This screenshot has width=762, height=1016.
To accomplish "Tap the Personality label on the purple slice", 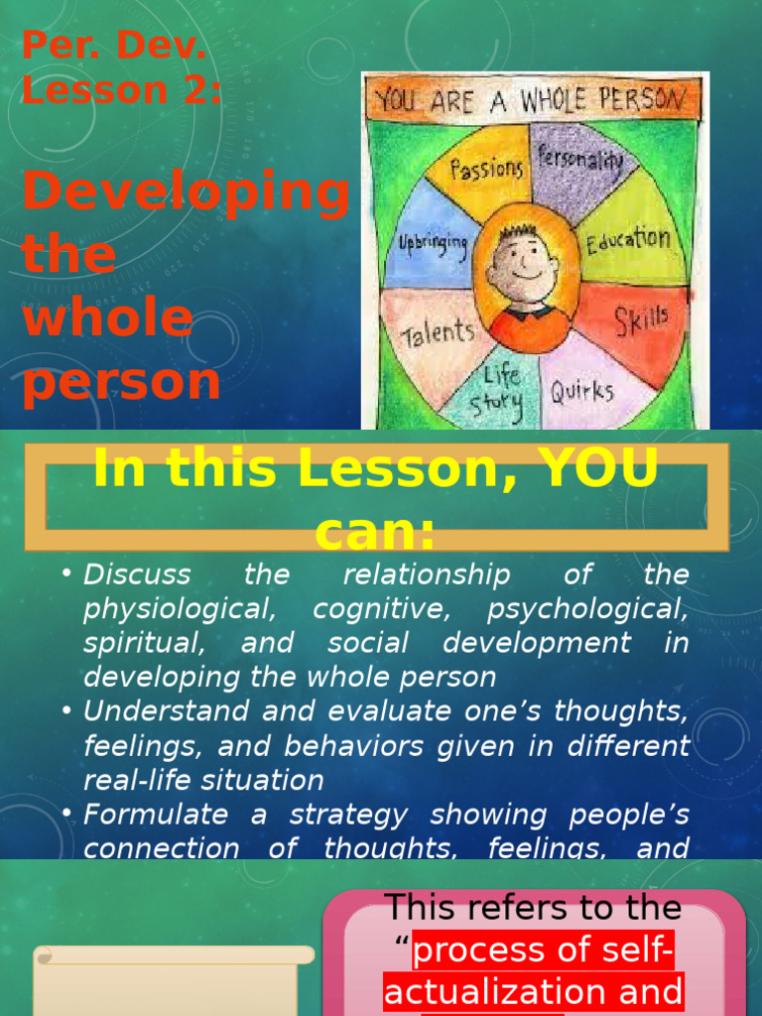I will point(580,160).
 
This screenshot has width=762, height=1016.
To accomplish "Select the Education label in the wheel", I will point(627,240).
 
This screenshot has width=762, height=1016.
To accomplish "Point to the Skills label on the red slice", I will point(640,320).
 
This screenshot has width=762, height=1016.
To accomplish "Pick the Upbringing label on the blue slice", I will point(433,243).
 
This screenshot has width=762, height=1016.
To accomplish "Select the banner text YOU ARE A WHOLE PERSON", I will point(531,99).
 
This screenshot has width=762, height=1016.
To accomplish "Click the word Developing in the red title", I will point(186,192).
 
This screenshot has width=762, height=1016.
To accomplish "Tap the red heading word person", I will point(121,382).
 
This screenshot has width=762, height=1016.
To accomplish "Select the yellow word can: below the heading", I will point(375,536).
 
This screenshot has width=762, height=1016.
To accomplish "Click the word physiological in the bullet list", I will point(175,609).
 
